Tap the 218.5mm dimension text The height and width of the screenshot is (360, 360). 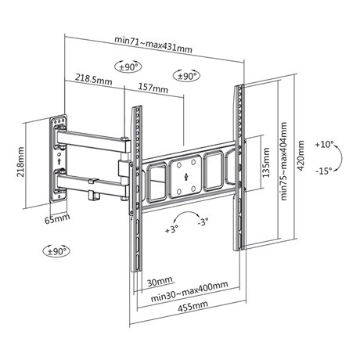click(x=92, y=79)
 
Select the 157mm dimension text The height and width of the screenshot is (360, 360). click(x=152, y=88)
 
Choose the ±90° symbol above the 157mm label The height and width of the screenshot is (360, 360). click(x=186, y=76)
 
